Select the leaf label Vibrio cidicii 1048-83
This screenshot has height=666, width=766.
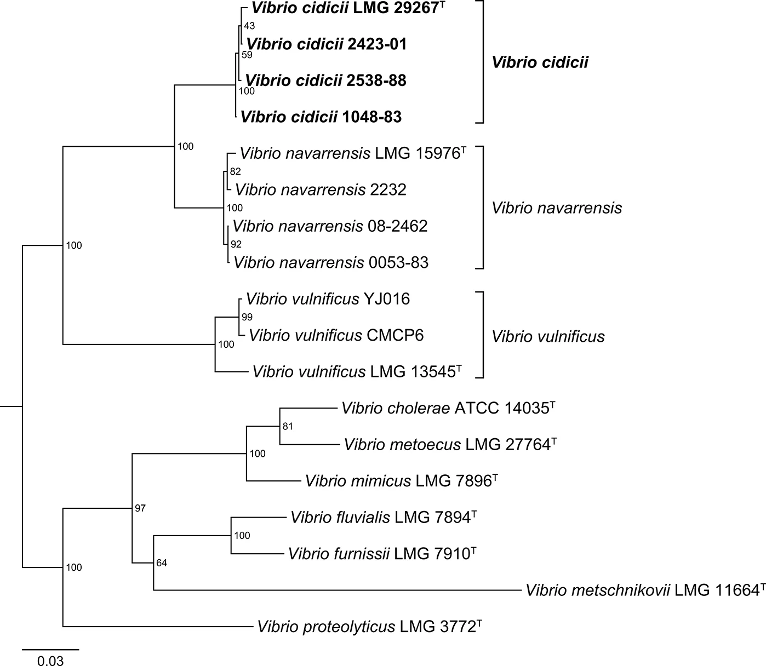coord(321,117)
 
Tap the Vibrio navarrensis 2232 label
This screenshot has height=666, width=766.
coord(321,190)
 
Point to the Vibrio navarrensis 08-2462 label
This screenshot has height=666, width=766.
coord(330,226)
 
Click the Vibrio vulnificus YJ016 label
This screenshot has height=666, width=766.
coord(328,298)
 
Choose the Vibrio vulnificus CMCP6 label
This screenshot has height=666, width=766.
coord(336,335)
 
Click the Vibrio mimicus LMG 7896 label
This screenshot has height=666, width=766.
coord(401,481)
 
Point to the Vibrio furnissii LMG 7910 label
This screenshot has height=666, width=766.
coord(381,554)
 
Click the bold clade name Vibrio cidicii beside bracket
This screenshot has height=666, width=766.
coord(540,62)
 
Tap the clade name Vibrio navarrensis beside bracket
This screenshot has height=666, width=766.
coord(557,208)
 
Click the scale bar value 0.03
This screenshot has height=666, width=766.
coord(50,661)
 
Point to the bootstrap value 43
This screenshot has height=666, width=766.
coord(249,26)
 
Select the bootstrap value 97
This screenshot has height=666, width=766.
coord(140,508)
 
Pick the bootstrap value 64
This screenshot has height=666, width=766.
coord(161,562)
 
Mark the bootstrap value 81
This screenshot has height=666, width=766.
coord(288,426)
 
